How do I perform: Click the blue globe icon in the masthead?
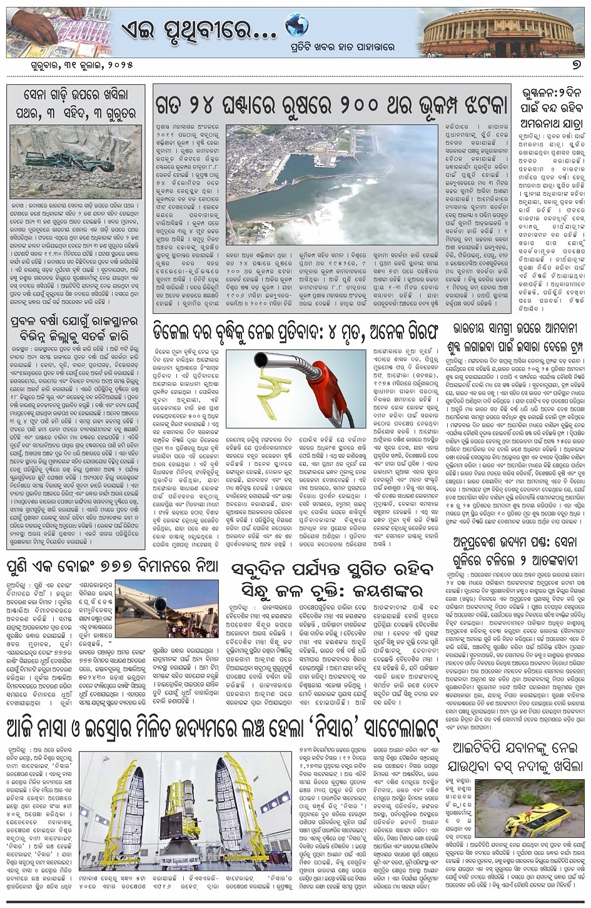[x=297, y=26]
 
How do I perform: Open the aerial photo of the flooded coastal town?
[x=331, y=185]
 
